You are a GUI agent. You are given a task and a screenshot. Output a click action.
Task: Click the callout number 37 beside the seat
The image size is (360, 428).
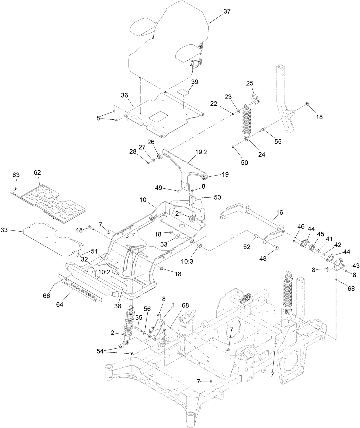pos(227,11)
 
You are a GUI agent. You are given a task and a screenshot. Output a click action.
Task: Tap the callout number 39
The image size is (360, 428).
pos(195,82)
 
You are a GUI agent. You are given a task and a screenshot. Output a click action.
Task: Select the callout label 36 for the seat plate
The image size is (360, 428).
pos(124,95)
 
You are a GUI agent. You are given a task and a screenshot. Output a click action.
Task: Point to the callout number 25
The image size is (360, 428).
pos(250,83)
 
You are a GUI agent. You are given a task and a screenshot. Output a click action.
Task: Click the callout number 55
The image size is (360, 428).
pos(278,141)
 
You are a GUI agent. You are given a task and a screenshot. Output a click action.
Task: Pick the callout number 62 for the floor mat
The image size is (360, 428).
pos(37,173)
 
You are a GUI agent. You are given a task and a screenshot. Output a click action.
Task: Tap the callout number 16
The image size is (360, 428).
pos(279,212)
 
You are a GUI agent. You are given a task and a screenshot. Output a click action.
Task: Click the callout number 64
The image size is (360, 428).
pos(60,305)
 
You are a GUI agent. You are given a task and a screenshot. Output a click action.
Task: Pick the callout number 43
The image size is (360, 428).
pos(356,266)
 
